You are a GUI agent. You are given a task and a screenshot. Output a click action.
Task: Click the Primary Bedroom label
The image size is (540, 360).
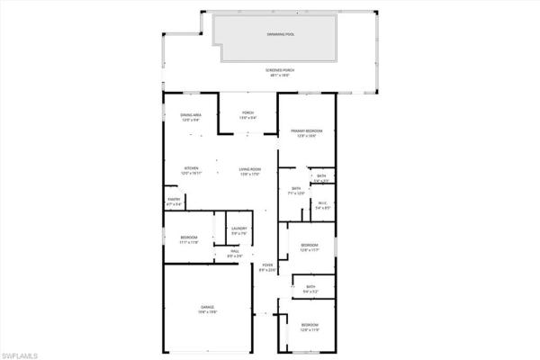click(x=307, y=133)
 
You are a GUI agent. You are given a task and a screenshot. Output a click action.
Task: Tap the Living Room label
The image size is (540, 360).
click(x=249, y=170)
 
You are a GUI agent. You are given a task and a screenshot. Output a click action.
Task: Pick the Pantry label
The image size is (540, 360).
click(x=174, y=201)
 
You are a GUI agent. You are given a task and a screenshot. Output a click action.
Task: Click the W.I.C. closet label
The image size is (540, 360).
click(x=322, y=205)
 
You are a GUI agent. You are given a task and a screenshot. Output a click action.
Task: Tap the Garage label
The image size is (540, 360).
click(x=207, y=309)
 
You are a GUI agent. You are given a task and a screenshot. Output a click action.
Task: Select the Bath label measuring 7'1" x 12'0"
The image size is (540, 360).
click(x=296, y=190)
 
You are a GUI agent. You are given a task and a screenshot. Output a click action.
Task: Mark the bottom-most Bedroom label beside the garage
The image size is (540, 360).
click(x=309, y=326)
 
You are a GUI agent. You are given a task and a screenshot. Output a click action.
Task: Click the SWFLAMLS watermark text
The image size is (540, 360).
click(x=20, y=354)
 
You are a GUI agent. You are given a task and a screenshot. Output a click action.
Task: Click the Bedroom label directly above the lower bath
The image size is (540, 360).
click(x=309, y=247)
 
